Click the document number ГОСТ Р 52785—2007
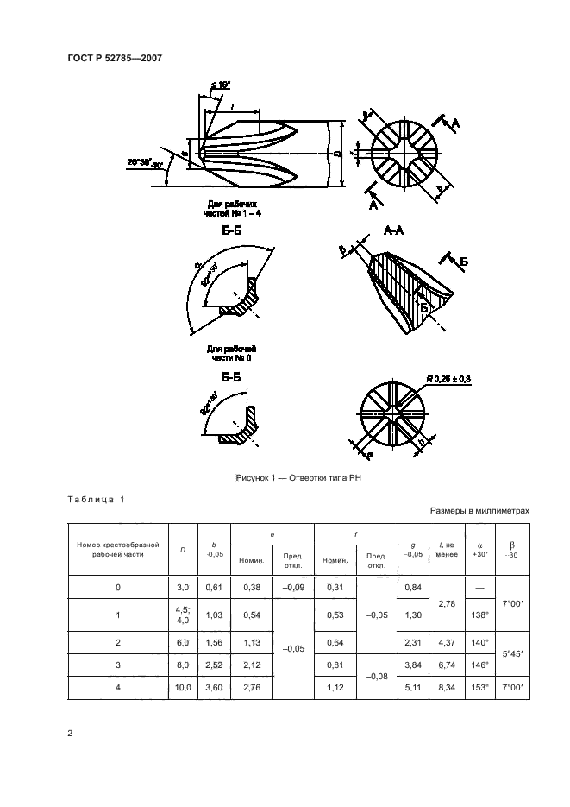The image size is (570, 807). [x=115, y=58]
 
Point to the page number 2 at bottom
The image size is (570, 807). [x=70, y=734]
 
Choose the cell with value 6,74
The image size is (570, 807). [x=447, y=665]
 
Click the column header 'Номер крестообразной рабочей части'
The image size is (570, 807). [x=118, y=550]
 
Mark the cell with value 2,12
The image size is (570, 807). [x=253, y=665]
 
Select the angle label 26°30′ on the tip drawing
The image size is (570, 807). [x=140, y=161]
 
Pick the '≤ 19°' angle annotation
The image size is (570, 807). [x=220, y=85]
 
